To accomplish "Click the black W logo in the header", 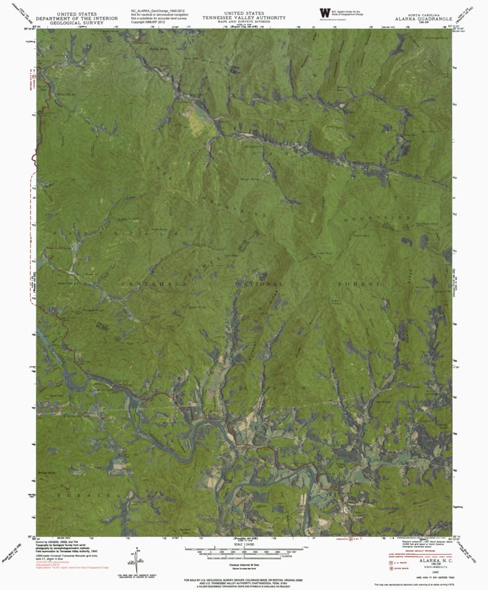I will tap(325, 12).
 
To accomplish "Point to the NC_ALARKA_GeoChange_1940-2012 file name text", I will tap(158, 11).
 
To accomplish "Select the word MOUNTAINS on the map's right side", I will tap(390, 218).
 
